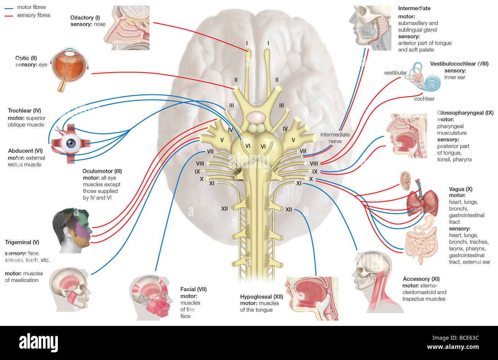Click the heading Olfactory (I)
[85, 18]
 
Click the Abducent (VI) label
[25, 151]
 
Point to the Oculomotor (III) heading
[102, 171]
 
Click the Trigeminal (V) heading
[22, 242]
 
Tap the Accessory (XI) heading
[421, 279]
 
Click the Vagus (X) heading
[460, 189]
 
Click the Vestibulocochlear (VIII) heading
[459, 64]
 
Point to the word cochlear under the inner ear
[424, 99]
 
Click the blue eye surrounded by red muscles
[72, 144]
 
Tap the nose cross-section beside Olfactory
[126, 28]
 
